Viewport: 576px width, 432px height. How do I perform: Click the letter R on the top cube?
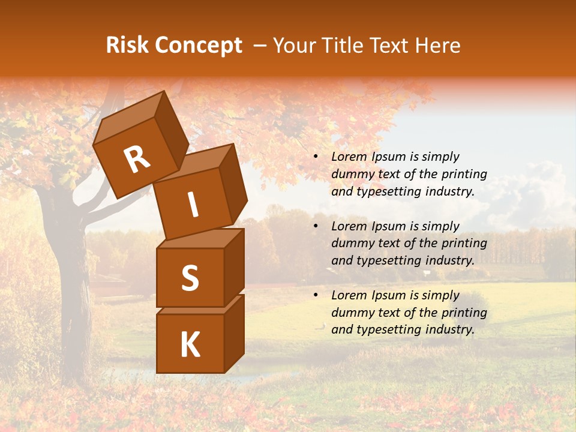pyautogui.click(x=137, y=160)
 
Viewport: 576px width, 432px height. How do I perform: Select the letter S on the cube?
pyautogui.click(x=190, y=278)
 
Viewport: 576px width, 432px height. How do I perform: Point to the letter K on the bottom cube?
pyautogui.click(x=190, y=345)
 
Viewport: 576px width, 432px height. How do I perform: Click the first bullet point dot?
pyautogui.click(x=316, y=157)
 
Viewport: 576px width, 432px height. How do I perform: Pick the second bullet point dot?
pyautogui.click(x=316, y=226)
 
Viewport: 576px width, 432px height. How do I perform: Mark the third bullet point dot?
pyautogui.click(x=316, y=295)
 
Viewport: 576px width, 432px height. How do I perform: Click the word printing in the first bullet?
pyautogui.click(x=464, y=175)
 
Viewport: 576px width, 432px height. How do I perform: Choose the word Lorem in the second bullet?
pyautogui.click(x=348, y=226)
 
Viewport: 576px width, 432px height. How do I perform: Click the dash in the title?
pyautogui.click(x=261, y=46)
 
